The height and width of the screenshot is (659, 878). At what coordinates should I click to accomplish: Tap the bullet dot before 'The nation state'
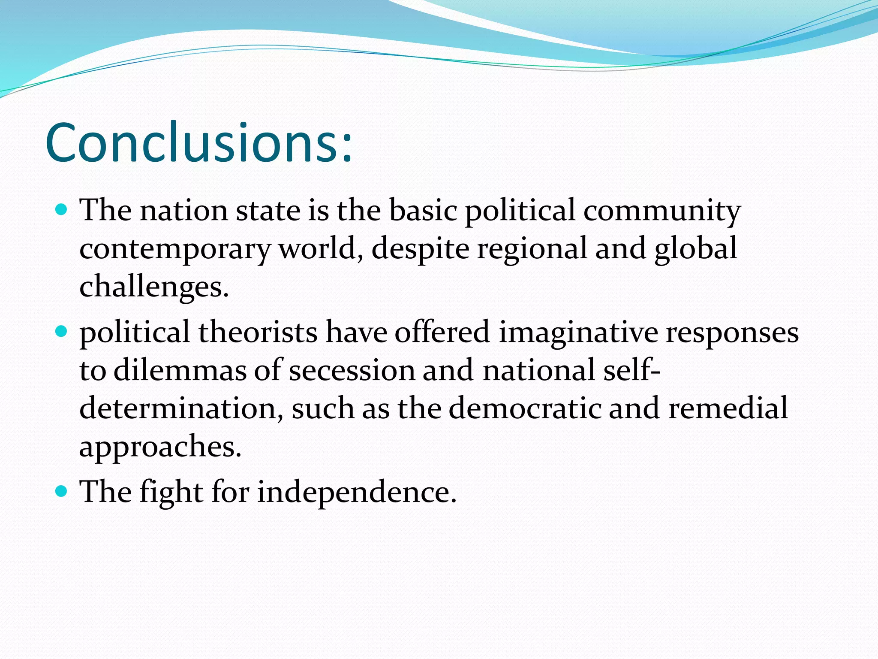point(62,210)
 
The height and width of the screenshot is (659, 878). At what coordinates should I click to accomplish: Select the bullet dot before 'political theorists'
point(62,331)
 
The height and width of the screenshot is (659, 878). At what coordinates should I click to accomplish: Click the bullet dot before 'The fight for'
point(62,491)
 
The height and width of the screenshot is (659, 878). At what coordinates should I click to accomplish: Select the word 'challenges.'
point(154,287)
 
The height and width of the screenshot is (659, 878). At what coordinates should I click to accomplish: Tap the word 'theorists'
point(258,332)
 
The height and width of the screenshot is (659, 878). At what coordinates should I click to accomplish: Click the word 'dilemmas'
point(180,370)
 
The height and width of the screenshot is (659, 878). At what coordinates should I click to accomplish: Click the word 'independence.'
point(357,492)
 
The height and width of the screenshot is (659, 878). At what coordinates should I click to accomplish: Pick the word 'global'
point(695,249)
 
